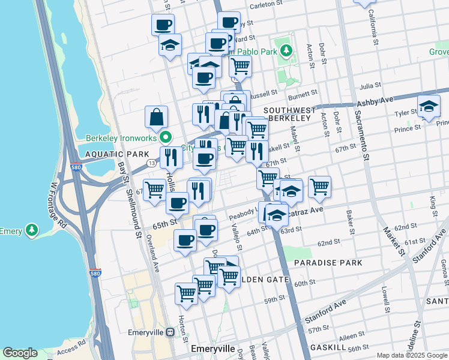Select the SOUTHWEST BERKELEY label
(x=289, y=114)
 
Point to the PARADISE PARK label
(x=328, y=263)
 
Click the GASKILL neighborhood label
(x=329, y=347)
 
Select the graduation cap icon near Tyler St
(x=428, y=106)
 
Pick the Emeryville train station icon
(x=170, y=331)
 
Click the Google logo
(x=20, y=353)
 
